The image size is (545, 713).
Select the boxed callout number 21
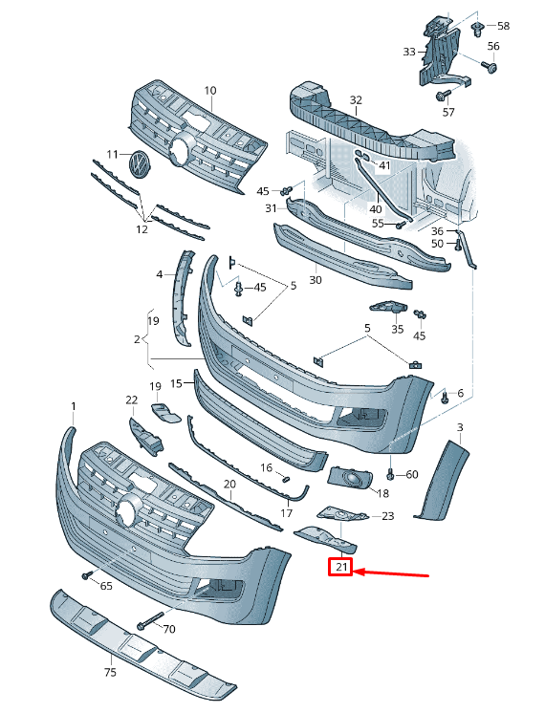pyautogui.click(x=340, y=569)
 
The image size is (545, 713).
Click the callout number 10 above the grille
pyautogui.click(x=209, y=91)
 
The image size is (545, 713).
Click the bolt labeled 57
pyautogui.click(x=443, y=96)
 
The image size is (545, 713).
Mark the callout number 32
pyautogui.click(x=356, y=99)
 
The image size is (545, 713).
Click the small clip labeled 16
pyautogui.click(x=283, y=476)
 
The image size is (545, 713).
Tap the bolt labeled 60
pyautogui.click(x=391, y=474)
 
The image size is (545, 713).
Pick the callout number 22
pyautogui.click(x=131, y=400)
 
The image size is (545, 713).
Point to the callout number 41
pyautogui.click(x=384, y=165)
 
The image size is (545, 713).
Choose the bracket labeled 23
pyautogui.click(x=344, y=516)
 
